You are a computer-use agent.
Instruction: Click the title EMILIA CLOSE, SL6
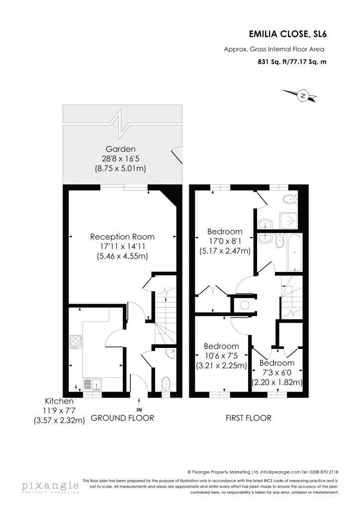287,34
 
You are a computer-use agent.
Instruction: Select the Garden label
120,149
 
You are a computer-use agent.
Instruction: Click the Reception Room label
122,237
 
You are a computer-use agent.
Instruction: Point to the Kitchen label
59,401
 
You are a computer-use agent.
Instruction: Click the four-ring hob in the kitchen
76,342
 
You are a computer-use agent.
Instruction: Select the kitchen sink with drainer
92,385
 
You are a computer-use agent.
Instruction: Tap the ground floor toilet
166,384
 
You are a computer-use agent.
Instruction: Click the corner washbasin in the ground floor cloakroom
171,353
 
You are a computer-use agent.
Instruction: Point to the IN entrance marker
139,410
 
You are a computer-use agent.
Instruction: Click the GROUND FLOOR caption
122,418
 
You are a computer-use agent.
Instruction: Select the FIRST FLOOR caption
248,418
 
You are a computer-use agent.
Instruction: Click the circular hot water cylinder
244,305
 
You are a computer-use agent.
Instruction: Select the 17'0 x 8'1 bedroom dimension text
225,241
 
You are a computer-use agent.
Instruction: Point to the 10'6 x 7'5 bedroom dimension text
221,356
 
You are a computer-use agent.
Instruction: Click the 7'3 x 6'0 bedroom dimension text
277,373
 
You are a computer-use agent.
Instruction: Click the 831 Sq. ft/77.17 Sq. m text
292,61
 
